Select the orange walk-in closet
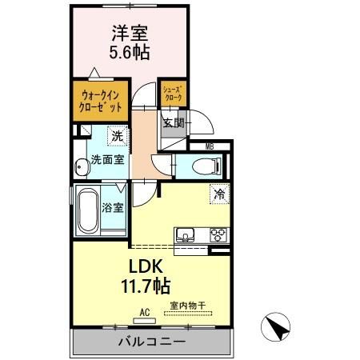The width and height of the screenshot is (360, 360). [101, 101]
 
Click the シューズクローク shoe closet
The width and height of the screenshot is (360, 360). [172, 93]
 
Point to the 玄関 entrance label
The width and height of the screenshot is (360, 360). [174, 123]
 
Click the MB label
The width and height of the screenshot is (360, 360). [209, 146]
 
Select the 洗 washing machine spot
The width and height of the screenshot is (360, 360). [117, 137]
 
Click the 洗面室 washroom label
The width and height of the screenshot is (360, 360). [106, 159]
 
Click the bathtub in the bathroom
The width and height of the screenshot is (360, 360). [86, 210]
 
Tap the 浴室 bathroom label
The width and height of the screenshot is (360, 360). [113, 208]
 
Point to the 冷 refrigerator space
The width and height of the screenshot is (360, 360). [218, 193]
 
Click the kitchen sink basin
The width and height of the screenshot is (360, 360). [186, 235]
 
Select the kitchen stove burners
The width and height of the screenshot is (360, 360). [218, 234]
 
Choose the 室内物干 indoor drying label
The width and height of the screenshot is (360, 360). [187, 305]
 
